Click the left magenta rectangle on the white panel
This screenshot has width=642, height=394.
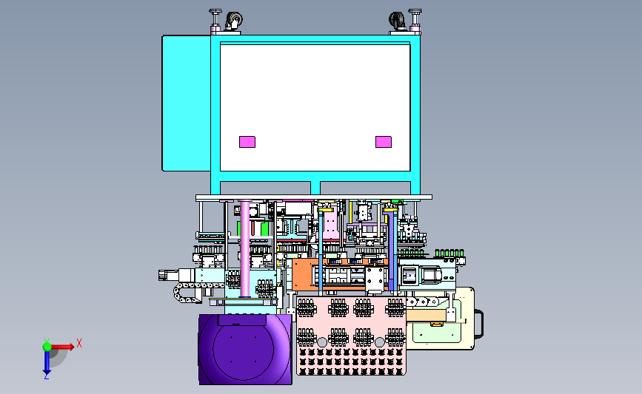[247, 142]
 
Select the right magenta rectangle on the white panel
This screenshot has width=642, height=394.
[384, 142]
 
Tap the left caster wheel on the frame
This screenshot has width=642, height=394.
[235, 20]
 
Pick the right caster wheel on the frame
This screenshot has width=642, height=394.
[396, 20]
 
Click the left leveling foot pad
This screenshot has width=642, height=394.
[215, 11]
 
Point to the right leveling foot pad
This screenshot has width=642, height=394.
[415, 11]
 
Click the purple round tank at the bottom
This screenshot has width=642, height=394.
[245, 350]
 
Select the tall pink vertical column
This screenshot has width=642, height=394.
[245, 248]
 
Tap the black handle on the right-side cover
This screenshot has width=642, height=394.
[479, 324]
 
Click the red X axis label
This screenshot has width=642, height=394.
[79, 343]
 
